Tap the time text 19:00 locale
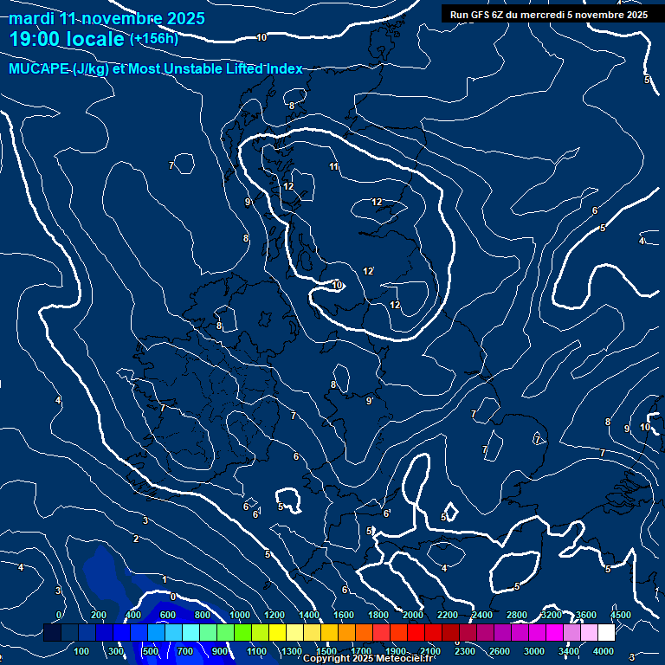[67, 39]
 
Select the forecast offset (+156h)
[153, 39]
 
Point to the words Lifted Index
[260, 69]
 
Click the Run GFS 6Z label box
[549, 14]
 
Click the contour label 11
[334, 166]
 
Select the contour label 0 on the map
[172, 597]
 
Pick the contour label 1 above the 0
[165, 579]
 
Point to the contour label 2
[135, 539]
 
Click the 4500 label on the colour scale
[620, 616]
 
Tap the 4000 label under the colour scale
[604, 651]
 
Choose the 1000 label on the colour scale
[240, 616]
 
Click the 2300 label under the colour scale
[465, 651]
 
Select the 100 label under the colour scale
[82, 651]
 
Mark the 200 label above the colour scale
[99, 616]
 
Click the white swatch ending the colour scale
[606, 634]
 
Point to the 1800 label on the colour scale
[378, 616]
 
